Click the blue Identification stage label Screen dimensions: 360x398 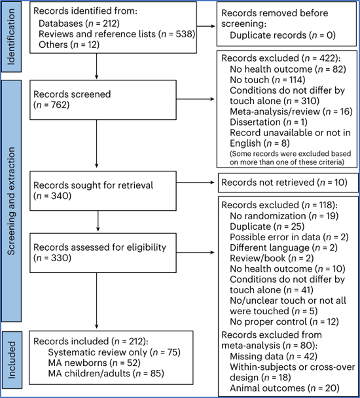click(11, 37)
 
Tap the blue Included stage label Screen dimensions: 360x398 click(12, 359)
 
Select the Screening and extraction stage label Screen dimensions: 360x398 click(11, 201)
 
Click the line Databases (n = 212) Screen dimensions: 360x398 click(79, 24)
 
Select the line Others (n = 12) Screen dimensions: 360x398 click(69, 45)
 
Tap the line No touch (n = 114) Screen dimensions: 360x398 click(267, 80)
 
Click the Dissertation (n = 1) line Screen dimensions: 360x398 click(268, 122)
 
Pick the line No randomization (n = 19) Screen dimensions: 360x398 click(284, 216)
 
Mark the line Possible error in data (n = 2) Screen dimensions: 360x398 click(289, 237)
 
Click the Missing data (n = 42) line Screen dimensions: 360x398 click(274, 356)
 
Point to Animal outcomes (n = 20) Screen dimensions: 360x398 click(285, 388)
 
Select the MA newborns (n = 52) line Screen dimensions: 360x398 click(94, 363)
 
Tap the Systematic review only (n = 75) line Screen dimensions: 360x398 click(115, 352)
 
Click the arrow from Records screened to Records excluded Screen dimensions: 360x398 click(196, 99)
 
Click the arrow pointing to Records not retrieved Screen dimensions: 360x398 click(196, 182)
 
